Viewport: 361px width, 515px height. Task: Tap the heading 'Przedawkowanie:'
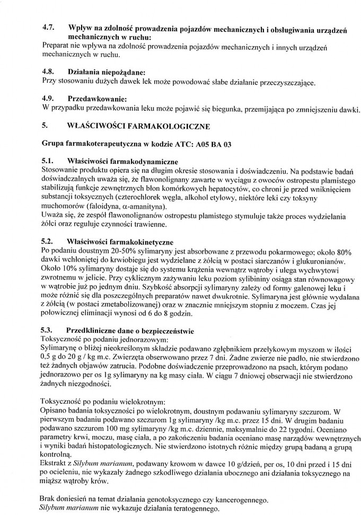98,99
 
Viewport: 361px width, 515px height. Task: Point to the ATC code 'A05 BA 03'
213,144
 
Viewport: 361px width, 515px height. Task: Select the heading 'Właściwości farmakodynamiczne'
123,161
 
